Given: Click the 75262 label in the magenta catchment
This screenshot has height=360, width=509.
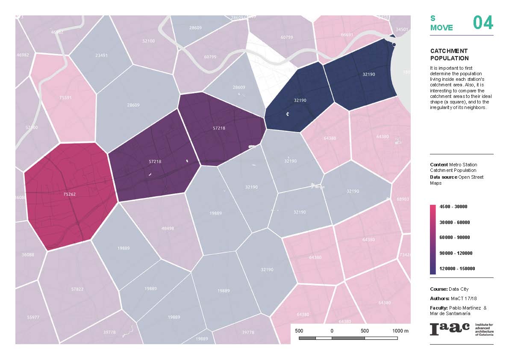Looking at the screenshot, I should [x=69, y=194].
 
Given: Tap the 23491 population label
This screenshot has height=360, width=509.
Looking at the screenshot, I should [x=101, y=55].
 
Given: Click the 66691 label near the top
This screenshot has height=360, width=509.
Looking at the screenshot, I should [x=347, y=35].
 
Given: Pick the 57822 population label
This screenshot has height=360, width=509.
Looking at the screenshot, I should [x=77, y=289].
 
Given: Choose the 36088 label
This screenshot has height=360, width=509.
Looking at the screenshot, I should [x=28, y=255].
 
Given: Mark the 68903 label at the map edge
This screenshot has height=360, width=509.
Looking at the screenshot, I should [x=403, y=199].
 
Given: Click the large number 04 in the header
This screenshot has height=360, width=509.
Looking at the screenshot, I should [x=483, y=23].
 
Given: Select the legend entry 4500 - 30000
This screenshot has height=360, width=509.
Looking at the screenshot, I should [x=453, y=207].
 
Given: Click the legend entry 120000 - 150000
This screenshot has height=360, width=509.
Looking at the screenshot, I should [x=457, y=269].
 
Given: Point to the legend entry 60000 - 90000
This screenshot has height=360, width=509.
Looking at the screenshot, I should [x=455, y=238].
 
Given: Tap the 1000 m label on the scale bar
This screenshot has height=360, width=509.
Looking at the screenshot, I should [x=400, y=331].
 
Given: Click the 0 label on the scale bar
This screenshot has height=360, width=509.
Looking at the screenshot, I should [x=332, y=331].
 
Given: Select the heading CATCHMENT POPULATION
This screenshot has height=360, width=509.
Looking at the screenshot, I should [x=449, y=54].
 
